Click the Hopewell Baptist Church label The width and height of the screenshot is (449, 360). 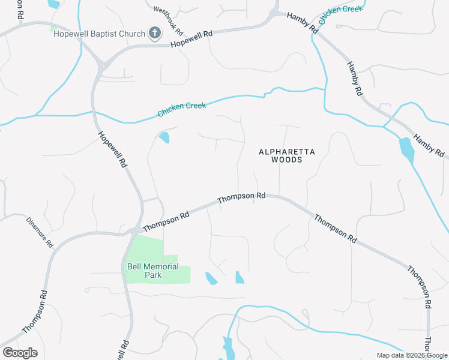[99, 34]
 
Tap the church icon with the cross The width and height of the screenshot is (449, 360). [155, 34]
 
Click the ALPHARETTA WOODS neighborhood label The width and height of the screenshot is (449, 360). [286, 156]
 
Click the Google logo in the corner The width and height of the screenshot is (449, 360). [20, 352]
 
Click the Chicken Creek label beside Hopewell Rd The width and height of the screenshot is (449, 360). [181, 109]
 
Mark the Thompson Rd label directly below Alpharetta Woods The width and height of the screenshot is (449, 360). [241, 196]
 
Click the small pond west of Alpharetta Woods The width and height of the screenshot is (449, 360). [164, 138]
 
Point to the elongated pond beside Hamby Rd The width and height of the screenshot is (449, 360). [406, 150]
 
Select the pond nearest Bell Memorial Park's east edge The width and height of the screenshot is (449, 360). [211, 278]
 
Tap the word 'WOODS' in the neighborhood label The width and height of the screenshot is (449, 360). [286, 160]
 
